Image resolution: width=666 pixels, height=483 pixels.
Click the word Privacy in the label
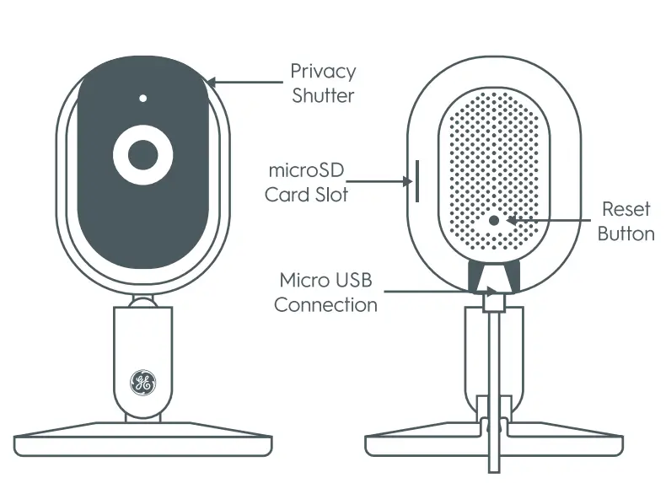click(x=323, y=72)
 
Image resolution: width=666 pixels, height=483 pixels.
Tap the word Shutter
click(x=323, y=95)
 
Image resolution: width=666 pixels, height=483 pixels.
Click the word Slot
click(x=330, y=195)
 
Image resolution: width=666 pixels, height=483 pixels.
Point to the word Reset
click(x=626, y=209)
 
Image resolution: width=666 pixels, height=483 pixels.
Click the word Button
click(x=626, y=233)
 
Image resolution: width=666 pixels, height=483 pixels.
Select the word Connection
click(x=326, y=304)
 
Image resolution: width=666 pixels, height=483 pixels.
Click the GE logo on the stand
click(x=142, y=383)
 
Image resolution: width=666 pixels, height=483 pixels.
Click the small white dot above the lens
click(x=143, y=98)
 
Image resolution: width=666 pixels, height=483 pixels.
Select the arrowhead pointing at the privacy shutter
click(x=212, y=83)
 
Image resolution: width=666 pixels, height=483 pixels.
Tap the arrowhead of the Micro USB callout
click(x=491, y=292)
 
